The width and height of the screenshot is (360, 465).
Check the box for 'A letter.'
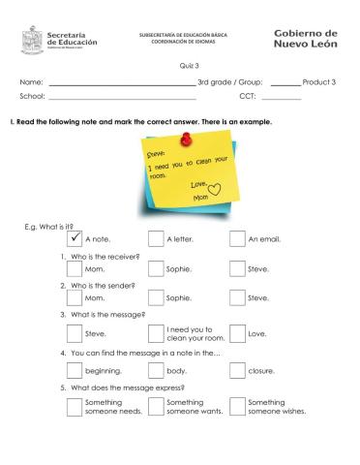[156, 237]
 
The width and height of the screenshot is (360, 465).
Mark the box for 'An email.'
[237, 237]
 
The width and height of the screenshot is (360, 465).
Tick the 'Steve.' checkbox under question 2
[237, 298]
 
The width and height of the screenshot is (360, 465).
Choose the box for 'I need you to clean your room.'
[156, 333]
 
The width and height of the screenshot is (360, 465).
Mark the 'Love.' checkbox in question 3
[237, 333]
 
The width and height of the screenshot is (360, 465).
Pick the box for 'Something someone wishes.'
[237, 406]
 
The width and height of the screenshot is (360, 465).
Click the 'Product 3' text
[318, 82]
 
